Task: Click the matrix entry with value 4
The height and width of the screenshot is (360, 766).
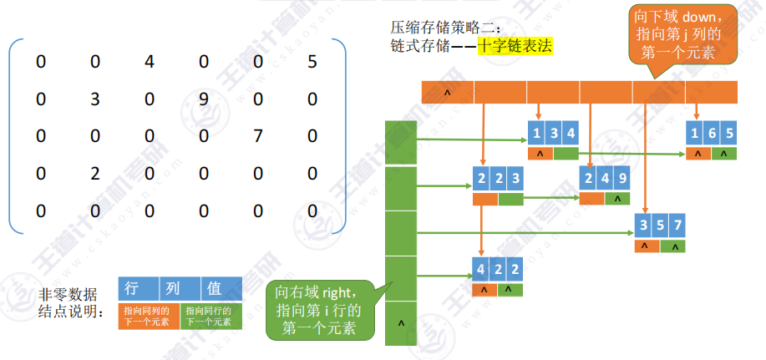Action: [x=150, y=62]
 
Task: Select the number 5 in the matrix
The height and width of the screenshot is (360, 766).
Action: [x=312, y=62]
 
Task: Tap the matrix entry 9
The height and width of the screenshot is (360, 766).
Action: [x=203, y=99]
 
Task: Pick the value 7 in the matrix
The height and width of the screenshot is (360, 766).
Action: [x=257, y=136]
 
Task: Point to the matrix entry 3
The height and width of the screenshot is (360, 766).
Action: [x=95, y=99]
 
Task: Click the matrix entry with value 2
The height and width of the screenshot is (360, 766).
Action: [x=95, y=173]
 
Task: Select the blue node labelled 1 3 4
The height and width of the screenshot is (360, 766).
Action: [x=552, y=132]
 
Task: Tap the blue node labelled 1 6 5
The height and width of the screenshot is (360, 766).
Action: [x=711, y=132]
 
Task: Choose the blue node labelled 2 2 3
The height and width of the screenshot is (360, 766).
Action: [x=498, y=179]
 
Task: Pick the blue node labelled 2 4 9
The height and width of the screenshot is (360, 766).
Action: [x=605, y=179]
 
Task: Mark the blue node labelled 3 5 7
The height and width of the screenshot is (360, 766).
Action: [x=658, y=226]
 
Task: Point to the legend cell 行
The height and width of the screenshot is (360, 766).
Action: [x=131, y=289]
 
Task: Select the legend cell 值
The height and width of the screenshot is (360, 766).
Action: [x=215, y=289]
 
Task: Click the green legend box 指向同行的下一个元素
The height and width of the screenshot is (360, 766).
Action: [x=211, y=315]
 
